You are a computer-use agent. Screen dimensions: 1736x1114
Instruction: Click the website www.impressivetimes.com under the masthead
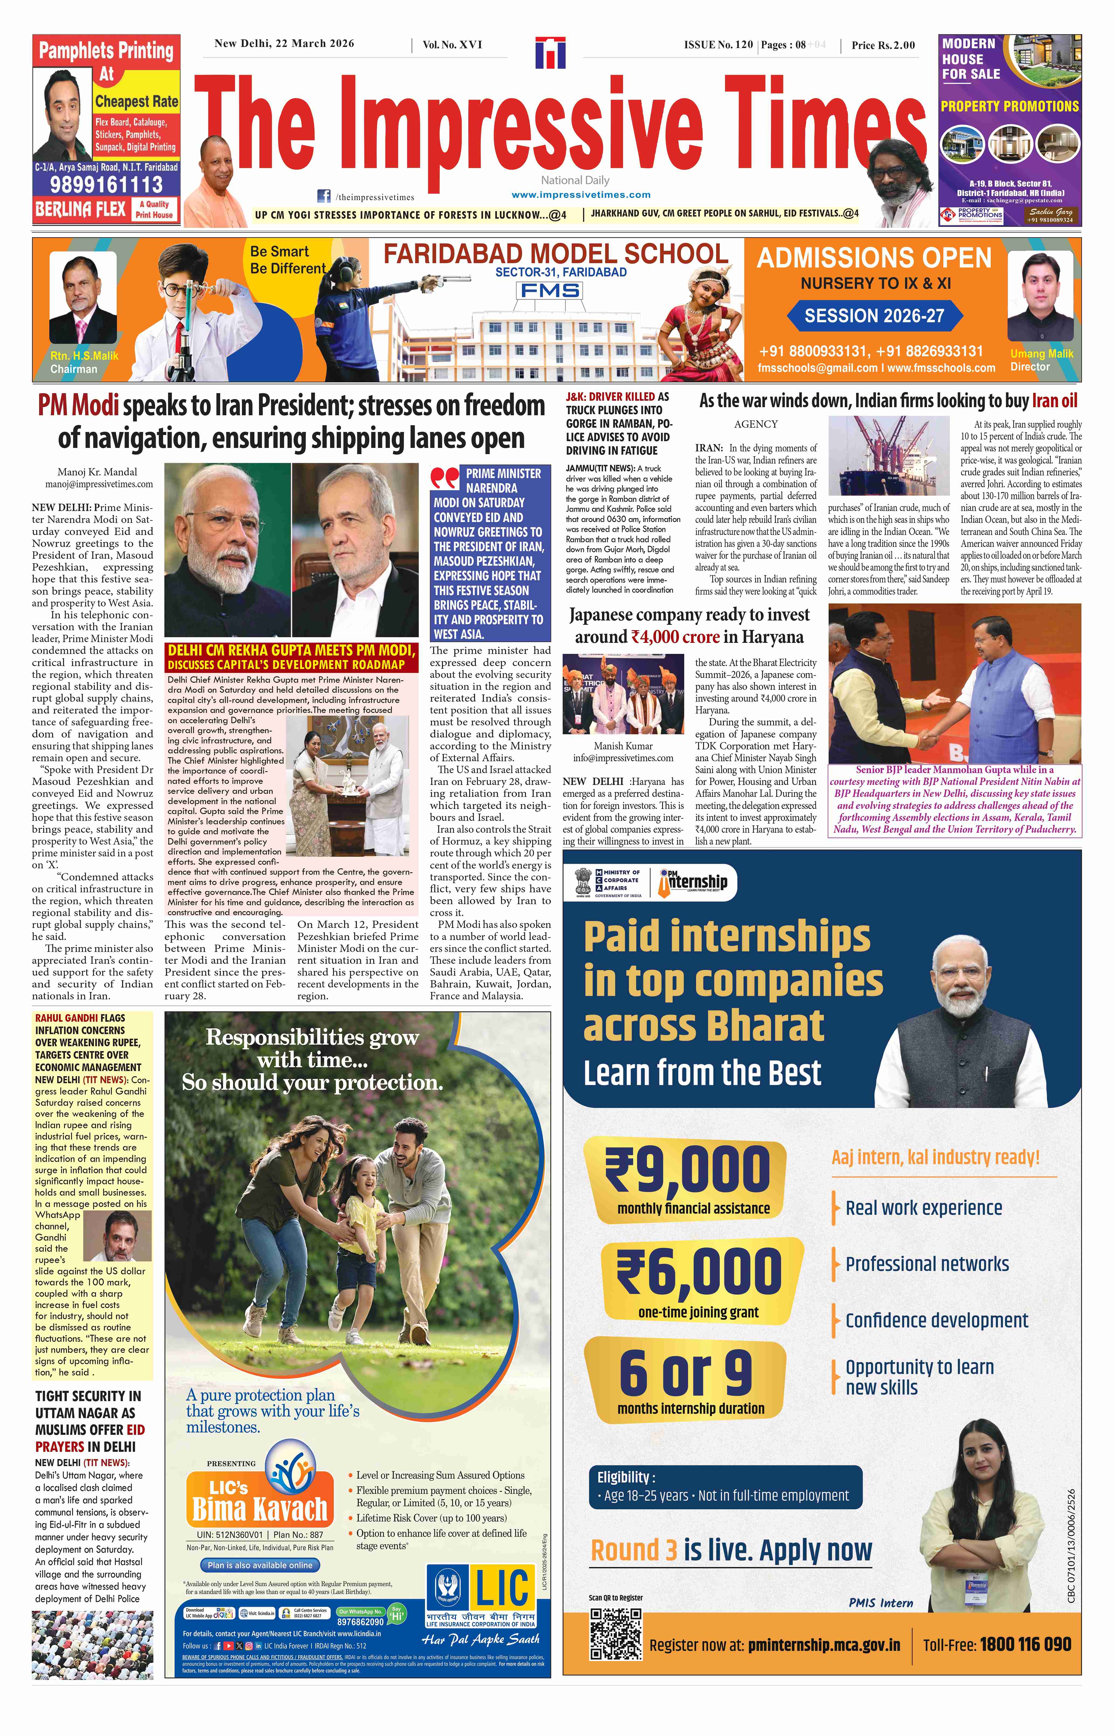581,195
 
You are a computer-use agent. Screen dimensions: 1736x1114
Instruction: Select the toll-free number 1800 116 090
1025,1645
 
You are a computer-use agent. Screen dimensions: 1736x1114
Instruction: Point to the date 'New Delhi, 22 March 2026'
284,43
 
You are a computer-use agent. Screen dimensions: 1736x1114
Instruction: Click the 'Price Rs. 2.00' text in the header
883,45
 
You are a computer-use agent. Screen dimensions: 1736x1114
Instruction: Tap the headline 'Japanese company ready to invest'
689,615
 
